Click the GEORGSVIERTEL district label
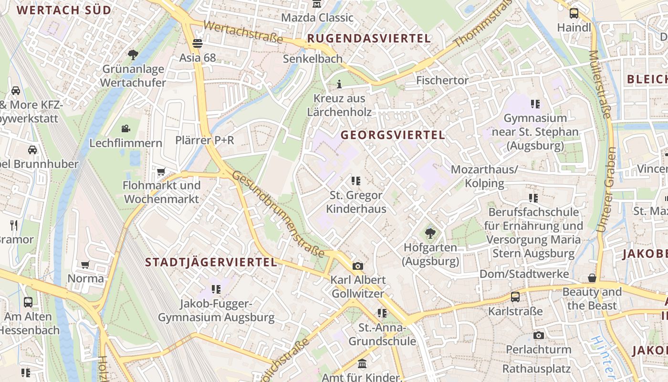[393, 135]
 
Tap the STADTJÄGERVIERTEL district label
[211, 262]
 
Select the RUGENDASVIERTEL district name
[369, 38]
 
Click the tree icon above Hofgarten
[430, 233]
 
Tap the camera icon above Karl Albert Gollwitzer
[357, 266]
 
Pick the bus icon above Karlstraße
[515, 297]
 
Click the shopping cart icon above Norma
[85, 265]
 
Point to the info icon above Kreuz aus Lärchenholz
[339, 85]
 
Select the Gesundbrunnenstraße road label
[278, 213]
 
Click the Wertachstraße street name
[243, 32]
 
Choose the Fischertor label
[442, 80]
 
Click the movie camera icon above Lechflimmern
[125, 128]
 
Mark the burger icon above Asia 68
[198, 43]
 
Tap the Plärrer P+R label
[205, 140]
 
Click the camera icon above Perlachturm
[539, 335]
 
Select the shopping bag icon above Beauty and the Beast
[592, 278]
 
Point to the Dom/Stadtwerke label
[524, 274]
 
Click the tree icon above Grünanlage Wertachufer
[133, 55]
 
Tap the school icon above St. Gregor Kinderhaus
[356, 181]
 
